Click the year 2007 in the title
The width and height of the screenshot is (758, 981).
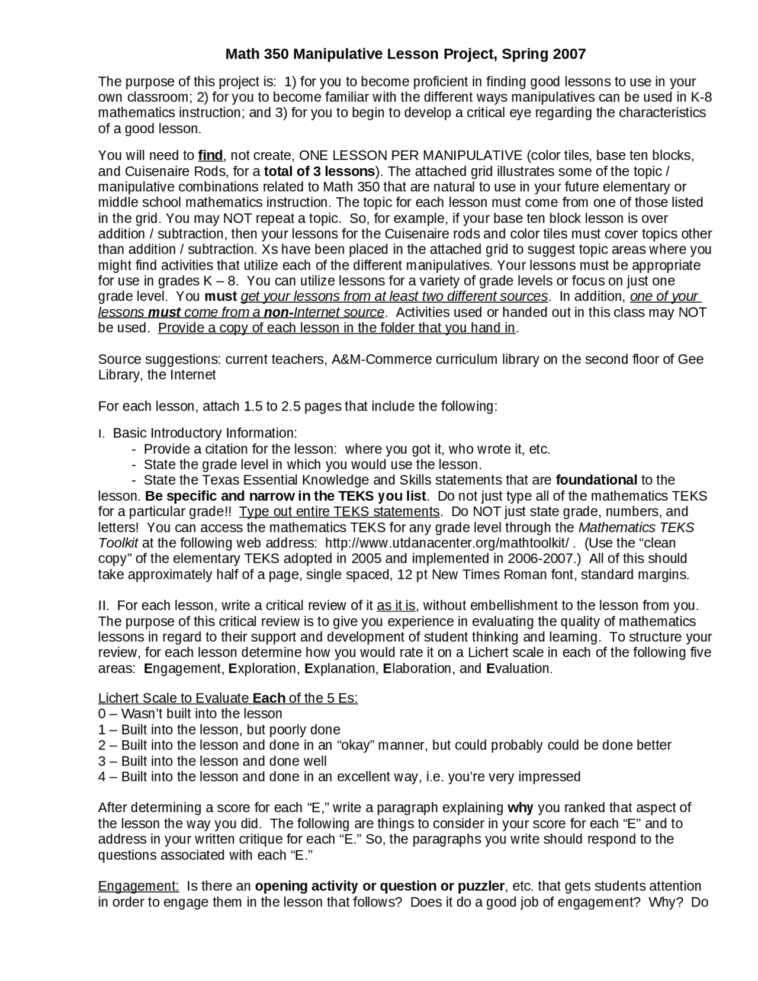click(569, 54)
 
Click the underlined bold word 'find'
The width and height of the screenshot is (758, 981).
click(210, 156)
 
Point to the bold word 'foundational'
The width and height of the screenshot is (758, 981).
click(597, 480)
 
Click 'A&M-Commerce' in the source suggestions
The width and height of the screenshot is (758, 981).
click(366, 360)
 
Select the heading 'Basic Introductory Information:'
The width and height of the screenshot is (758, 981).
click(205, 434)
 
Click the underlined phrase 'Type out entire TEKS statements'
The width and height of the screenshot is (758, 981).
click(339, 512)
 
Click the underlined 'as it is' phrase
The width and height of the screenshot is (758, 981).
click(396, 606)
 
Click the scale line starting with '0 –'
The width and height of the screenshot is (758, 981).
click(190, 714)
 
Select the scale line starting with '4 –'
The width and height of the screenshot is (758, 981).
click(339, 777)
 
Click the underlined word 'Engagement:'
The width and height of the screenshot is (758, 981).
click(138, 887)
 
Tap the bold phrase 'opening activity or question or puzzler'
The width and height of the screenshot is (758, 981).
click(380, 887)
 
